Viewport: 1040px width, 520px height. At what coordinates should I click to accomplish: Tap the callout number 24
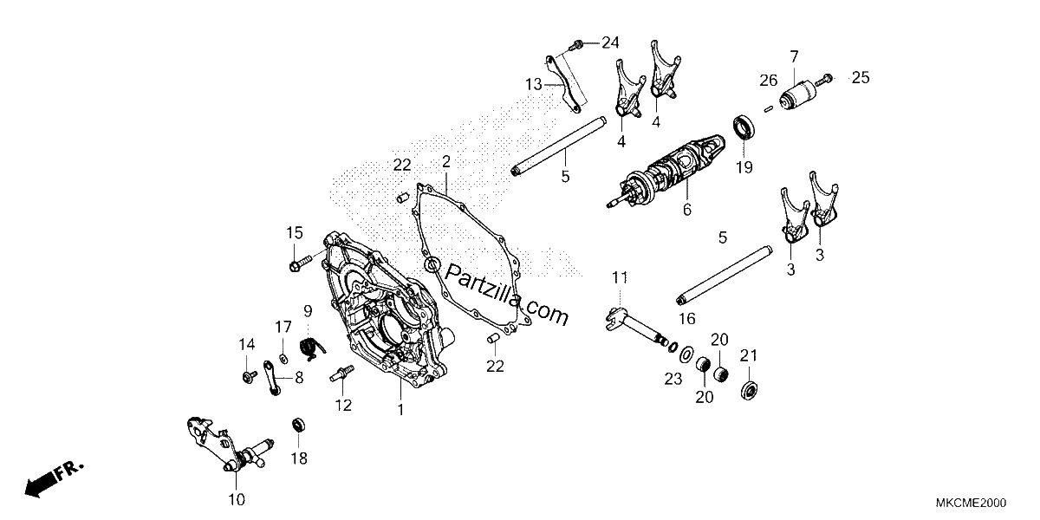610,42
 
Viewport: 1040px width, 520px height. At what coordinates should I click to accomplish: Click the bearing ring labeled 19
744,127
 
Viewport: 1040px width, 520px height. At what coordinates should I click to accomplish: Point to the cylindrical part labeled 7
797,95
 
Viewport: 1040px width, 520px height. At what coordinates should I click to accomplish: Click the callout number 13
534,85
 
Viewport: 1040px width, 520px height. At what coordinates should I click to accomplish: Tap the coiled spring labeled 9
312,348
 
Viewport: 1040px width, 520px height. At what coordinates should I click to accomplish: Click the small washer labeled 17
283,358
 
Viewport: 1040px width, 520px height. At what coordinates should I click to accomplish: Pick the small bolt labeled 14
250,376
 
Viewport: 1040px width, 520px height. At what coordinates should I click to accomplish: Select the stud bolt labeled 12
342,373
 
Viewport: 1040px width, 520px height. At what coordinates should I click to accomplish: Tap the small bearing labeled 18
298,425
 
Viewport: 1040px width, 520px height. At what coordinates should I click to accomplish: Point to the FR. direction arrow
54,478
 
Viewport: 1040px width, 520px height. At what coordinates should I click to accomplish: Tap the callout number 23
673,380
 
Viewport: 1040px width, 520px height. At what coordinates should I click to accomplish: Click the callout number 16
686,319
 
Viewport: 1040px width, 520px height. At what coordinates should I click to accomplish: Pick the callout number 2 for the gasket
445,161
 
